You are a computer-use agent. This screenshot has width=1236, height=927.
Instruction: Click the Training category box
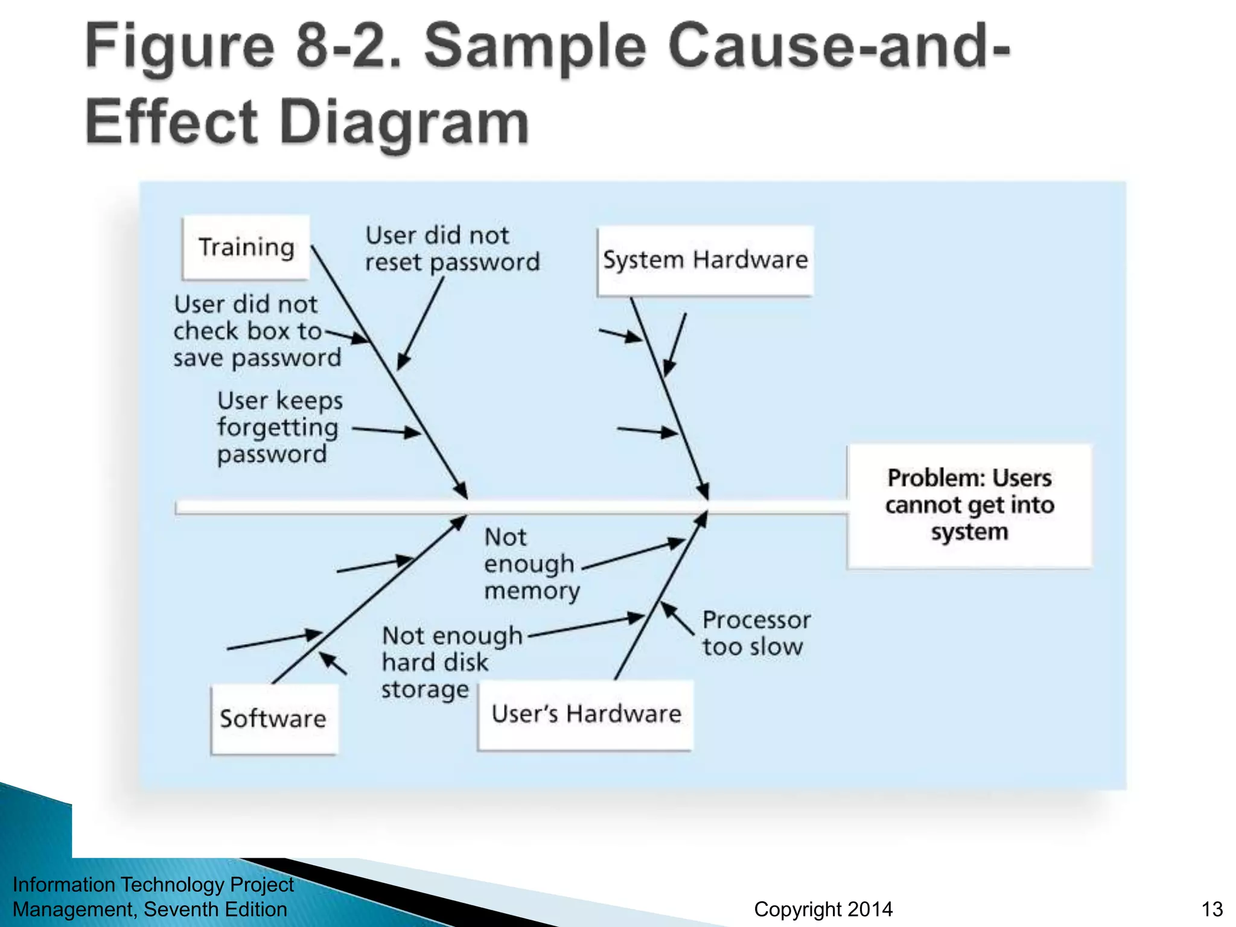(x=246, y=247)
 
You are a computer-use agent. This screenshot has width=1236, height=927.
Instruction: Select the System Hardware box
(x=705, y=261)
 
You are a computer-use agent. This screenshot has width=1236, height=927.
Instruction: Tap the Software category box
(x=274, y=719)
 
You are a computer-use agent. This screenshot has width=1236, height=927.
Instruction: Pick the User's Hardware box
(x=585, y=715)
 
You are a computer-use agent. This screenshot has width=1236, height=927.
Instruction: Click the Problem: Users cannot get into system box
(x=969, y=506)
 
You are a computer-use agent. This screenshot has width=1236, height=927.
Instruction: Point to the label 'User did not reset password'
(x=451, y=249)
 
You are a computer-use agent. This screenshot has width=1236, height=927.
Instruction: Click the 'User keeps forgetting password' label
(x=279, y=427)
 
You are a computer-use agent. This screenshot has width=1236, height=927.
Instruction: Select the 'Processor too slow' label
(x=756, y=633)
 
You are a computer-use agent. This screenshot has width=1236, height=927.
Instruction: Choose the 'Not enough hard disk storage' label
(x=451, y=662)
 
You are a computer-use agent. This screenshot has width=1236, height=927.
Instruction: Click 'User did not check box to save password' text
(x=256, y=331)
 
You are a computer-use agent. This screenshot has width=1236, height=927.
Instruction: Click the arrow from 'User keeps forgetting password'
(x=386, y=431)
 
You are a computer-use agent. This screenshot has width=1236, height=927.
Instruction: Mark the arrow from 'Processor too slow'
(x=677, y=618)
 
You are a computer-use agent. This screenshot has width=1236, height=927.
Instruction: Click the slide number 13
(x=1212, y=909)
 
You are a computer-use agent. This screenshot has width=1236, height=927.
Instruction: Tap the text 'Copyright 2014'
(x=823, y=909)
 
